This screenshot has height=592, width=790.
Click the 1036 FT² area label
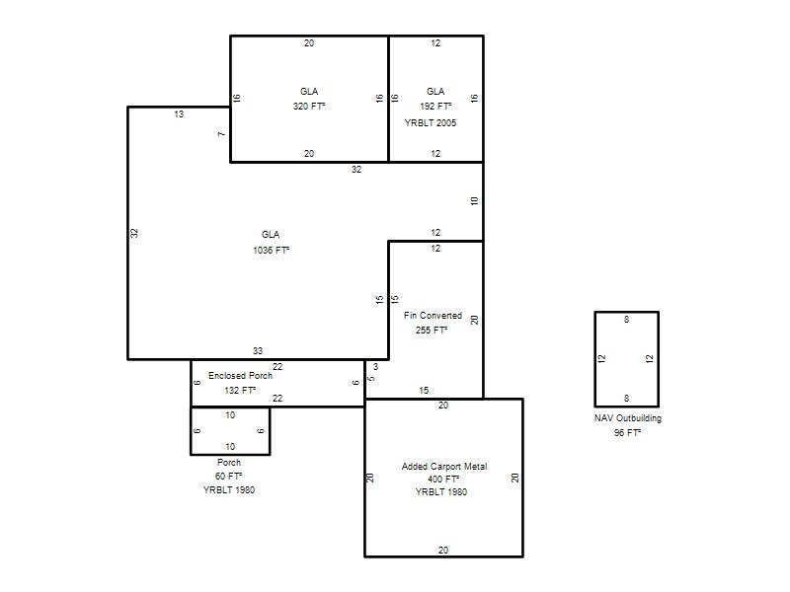[271, 250]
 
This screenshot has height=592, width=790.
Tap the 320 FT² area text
[309, 107]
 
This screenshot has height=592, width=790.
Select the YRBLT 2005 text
[431, 122]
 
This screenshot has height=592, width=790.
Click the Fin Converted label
[433, 316]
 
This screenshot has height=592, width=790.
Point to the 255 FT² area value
[432, 331]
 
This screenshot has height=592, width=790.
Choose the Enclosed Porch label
[240, 376]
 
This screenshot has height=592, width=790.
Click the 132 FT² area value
[240, 390]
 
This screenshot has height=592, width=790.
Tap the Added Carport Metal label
[444, 467]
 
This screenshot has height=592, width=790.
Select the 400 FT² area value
[443, 480]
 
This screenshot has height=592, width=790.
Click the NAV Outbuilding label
[628, 418]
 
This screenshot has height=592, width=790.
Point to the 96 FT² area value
[627, 433]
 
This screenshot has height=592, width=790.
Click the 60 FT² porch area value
[229, 477]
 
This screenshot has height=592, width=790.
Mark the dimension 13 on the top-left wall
[179, 114]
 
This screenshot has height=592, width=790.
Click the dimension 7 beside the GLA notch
[221, 134]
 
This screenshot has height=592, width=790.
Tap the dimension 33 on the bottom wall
[258, 351]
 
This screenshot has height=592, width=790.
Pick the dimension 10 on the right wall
[474, 201]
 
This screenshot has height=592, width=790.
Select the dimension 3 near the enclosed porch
[375, 367]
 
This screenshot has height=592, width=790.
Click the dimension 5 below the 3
[371, 379]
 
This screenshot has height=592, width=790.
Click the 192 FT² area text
[435, 107]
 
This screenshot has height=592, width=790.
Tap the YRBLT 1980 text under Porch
[229, 489]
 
